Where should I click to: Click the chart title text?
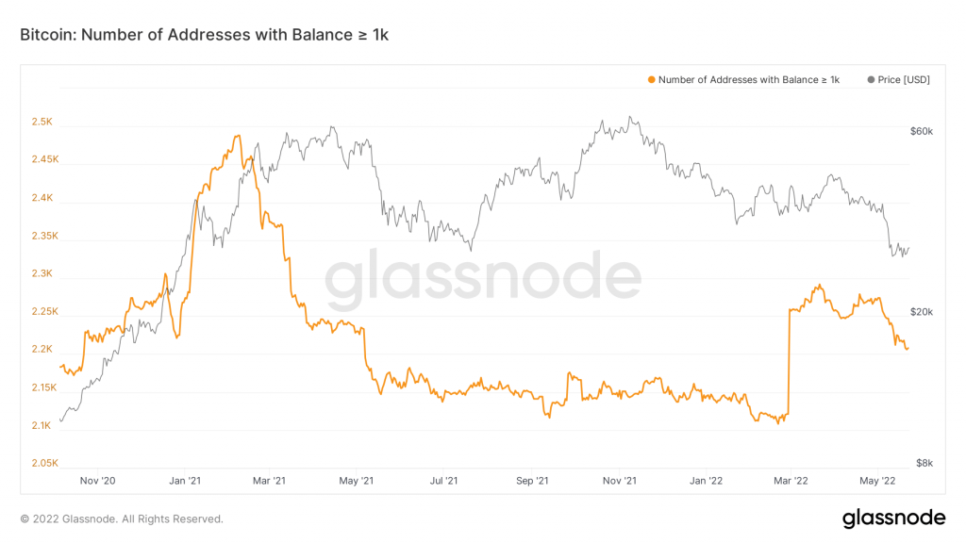(x=204, y=35)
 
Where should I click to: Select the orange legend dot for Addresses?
(x=650, y=80)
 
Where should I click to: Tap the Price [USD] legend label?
(x=904, y=80)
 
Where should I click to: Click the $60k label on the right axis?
(x=922, y=132)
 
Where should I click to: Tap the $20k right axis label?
(x=922, y=312)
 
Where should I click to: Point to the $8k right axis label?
(x=924, y=463)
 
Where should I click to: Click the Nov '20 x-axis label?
(x=97, y=481)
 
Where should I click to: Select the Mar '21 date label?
(x=269, y=481)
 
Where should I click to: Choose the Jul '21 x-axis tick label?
(x=443, y=481)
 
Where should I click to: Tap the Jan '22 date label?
(x=707, y=481)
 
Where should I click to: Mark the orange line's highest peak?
(x=237, y=137)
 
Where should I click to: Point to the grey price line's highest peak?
(x=630, y=118)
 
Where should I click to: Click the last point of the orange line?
(x=908, y=349)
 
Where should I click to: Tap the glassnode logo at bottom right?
(x=892, y=518)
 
